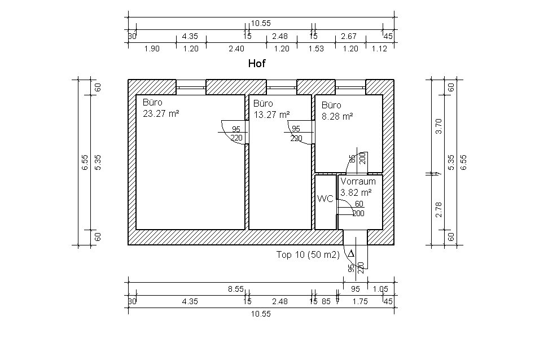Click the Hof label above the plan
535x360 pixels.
[257, 63]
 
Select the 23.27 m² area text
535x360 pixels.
[161, 113]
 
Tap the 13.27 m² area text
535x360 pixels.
[271, 115]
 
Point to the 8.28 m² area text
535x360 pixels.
[337, 116]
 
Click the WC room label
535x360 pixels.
[325, 199]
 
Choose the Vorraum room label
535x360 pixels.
[358, 182]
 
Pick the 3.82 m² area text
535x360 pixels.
[356, 193]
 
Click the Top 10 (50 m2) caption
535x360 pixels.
[308, 255]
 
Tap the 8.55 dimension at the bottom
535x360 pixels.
[236, 289]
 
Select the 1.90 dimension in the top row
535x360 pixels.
[152, 49]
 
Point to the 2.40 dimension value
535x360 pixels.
[236, 49]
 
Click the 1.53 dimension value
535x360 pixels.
[316, 49]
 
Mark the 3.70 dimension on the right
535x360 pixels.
[439, 126]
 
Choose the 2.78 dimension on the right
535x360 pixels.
[439, 209]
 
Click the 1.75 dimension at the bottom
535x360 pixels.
[360, 302]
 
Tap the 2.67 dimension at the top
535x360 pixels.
[349, 36]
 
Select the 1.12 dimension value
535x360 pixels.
[379, 49]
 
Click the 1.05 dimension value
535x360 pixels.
[380, 289]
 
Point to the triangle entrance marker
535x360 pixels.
[351, 254]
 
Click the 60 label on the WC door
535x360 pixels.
[359, 204]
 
